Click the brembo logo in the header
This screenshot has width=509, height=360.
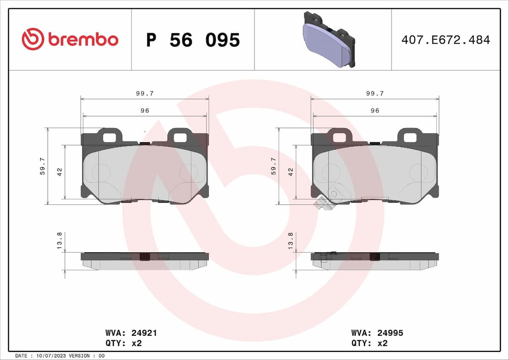[70, 39]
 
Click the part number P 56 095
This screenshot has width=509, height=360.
[193, 40]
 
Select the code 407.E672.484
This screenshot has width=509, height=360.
[445, 40]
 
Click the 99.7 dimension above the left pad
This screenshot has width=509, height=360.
[145, 93]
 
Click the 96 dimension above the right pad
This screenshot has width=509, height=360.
[375, 110]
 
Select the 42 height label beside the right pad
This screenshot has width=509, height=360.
[291, 172]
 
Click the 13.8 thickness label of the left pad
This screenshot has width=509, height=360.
[59, 240]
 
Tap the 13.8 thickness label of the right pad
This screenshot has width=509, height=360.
[291, 240]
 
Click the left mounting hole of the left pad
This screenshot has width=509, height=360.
[109, 137]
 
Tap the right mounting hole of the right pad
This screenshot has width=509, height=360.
[410, 137]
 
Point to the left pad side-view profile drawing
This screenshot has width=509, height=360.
[145, 261]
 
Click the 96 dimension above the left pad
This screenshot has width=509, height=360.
[145, 110]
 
